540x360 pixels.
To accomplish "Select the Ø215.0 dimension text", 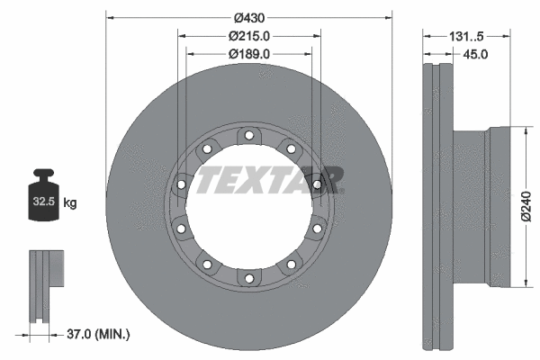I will (x=249, y=36).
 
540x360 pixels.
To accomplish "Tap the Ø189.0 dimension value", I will (x=249, y=53).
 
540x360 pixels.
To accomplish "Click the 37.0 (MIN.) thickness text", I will (x=98, y=335).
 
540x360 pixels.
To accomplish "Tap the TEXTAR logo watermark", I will (x=270, y=179).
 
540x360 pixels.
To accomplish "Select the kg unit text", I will (x=70, y=203).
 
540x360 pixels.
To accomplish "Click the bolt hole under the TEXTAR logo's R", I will (x=318, y=185).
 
